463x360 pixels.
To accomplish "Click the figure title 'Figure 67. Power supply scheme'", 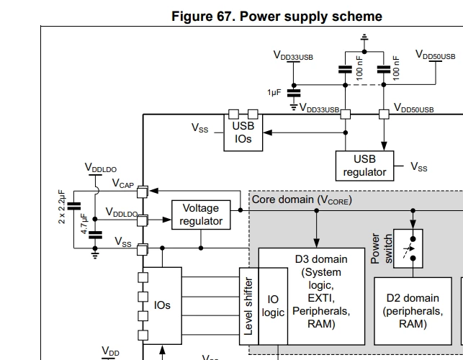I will (x=277, y=16).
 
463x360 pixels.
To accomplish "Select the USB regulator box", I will (x=364, y=166).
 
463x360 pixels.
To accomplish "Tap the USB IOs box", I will (x=243, y=132).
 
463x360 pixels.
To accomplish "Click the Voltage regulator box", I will (x=201, y=215).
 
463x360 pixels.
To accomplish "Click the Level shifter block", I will (x=248, y=306).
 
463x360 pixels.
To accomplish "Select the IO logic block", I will (x=273, y=306).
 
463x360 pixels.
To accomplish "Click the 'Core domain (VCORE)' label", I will (x=302, y=199).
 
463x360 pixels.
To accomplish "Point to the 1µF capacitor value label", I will (x=274, y=93).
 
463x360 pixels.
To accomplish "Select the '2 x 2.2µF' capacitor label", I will (x=62, y=207).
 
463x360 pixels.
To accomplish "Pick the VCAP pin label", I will (x=123, y=184).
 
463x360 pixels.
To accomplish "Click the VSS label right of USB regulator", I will (x=418, y=166).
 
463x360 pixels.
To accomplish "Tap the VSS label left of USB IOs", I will (x=199, y=128).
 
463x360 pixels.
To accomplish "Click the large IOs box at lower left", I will (x=162, y=305).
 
